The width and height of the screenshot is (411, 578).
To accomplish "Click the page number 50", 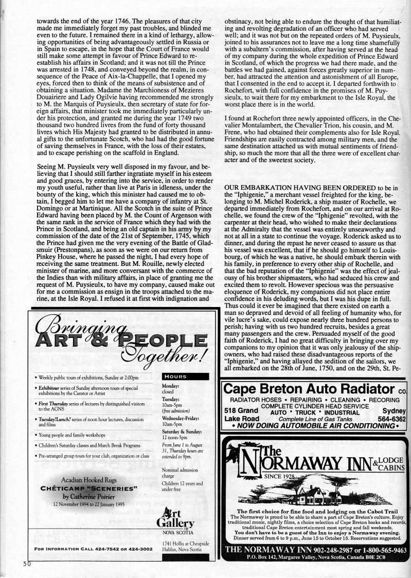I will tap(26, 563).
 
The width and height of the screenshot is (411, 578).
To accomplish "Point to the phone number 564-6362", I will tap(391, 419).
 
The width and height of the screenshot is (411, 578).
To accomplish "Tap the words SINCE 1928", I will tap(281, 477).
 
